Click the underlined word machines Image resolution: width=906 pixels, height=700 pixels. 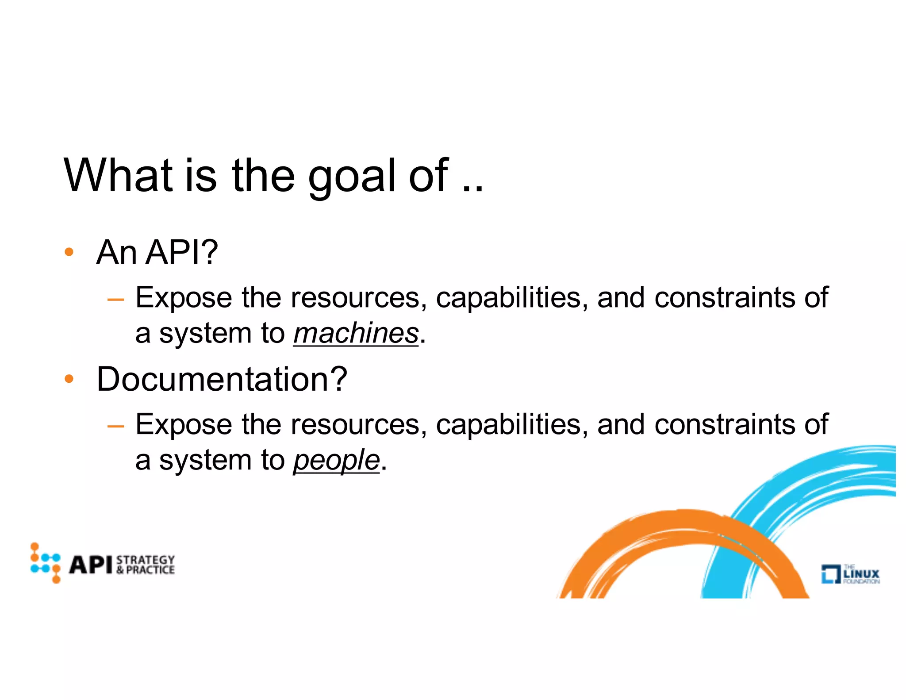356,333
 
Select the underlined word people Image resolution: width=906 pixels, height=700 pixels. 336,460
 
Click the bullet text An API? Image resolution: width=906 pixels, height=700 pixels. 157,252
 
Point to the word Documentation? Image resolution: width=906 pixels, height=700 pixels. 222,379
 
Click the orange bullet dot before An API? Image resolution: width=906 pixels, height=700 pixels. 69,252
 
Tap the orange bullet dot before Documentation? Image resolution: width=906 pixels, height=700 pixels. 69,379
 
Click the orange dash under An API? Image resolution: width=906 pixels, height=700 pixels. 115,300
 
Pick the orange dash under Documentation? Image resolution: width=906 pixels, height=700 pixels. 115,426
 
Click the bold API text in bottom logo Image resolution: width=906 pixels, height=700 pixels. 91,565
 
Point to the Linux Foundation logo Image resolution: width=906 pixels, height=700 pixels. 850,574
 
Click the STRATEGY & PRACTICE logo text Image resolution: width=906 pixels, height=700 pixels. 146,565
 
